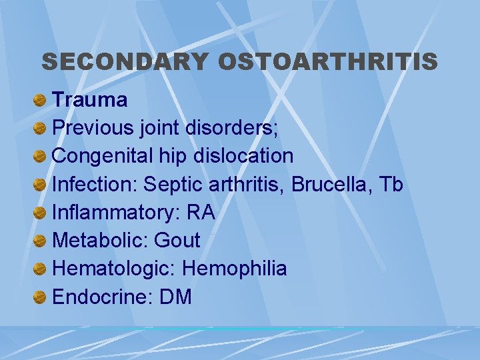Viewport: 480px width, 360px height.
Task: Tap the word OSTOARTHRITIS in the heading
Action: point(327,62)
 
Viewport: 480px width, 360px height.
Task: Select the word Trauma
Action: point(89,100)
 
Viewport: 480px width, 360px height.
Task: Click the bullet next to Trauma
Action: point(41,101)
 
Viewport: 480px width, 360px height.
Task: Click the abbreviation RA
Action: point(201,213)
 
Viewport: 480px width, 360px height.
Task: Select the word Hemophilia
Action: point(235,269)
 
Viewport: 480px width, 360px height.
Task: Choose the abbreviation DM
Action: point(176,297)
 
